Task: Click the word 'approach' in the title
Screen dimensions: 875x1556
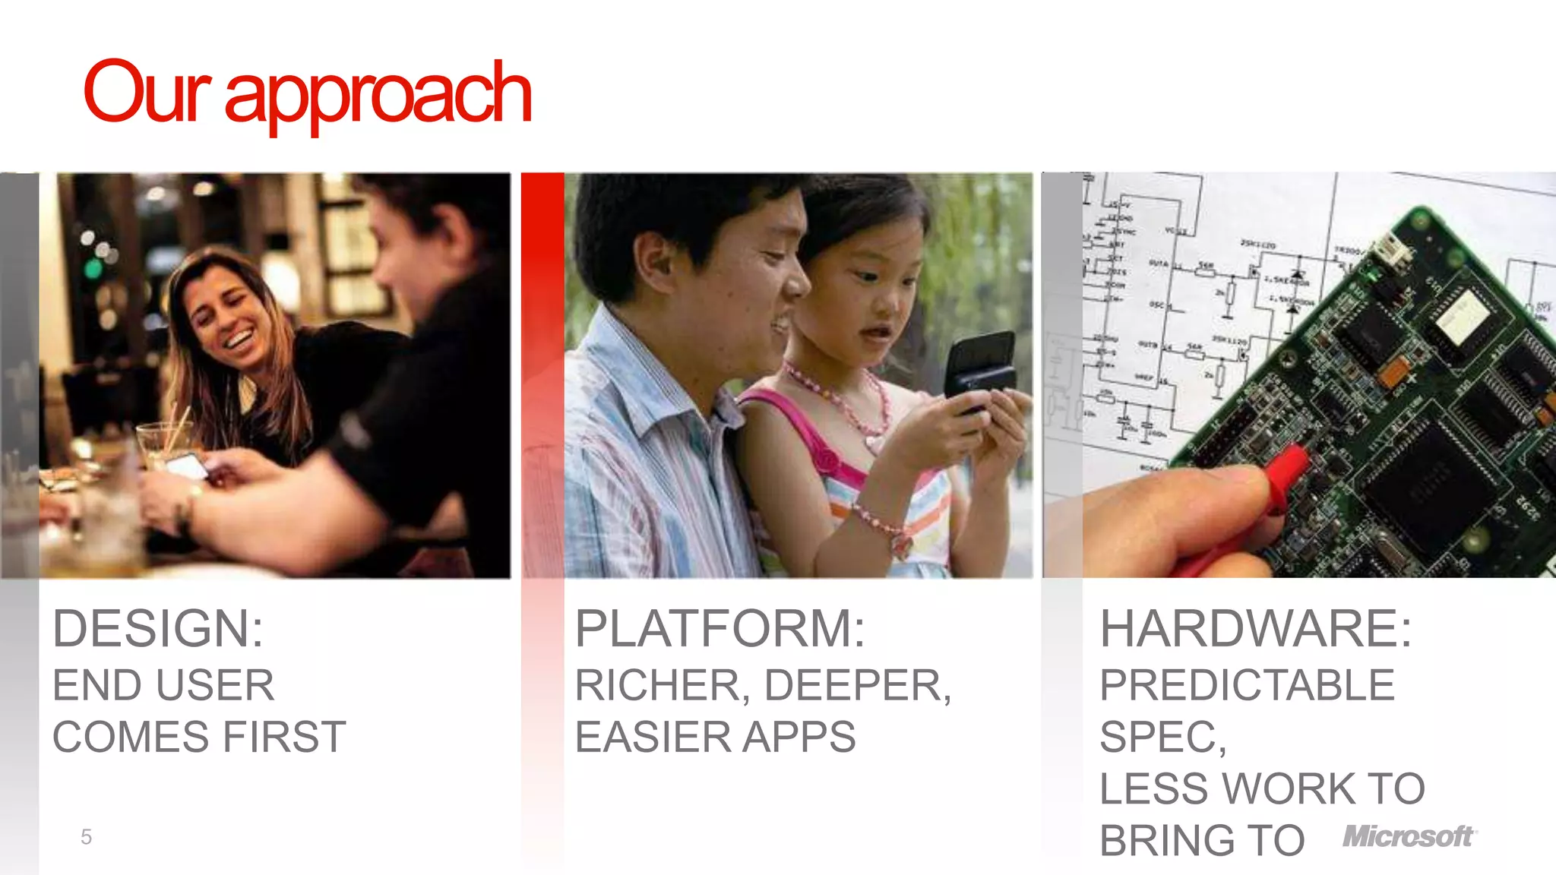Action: pos(378,95)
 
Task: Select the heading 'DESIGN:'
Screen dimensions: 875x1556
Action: pos(158,629)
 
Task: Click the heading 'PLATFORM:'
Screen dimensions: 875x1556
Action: pos(719,629)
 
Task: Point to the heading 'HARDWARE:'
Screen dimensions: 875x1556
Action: pos(1255,629)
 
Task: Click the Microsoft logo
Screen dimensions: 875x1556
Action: pos(1409,836)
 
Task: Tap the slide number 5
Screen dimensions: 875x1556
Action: pos(86,837)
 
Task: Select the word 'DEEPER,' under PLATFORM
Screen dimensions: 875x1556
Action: pos(857,685)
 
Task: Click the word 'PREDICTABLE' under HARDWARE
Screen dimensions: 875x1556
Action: pos(1247,685)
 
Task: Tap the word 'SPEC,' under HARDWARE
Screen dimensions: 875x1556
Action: pos(1162,737)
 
